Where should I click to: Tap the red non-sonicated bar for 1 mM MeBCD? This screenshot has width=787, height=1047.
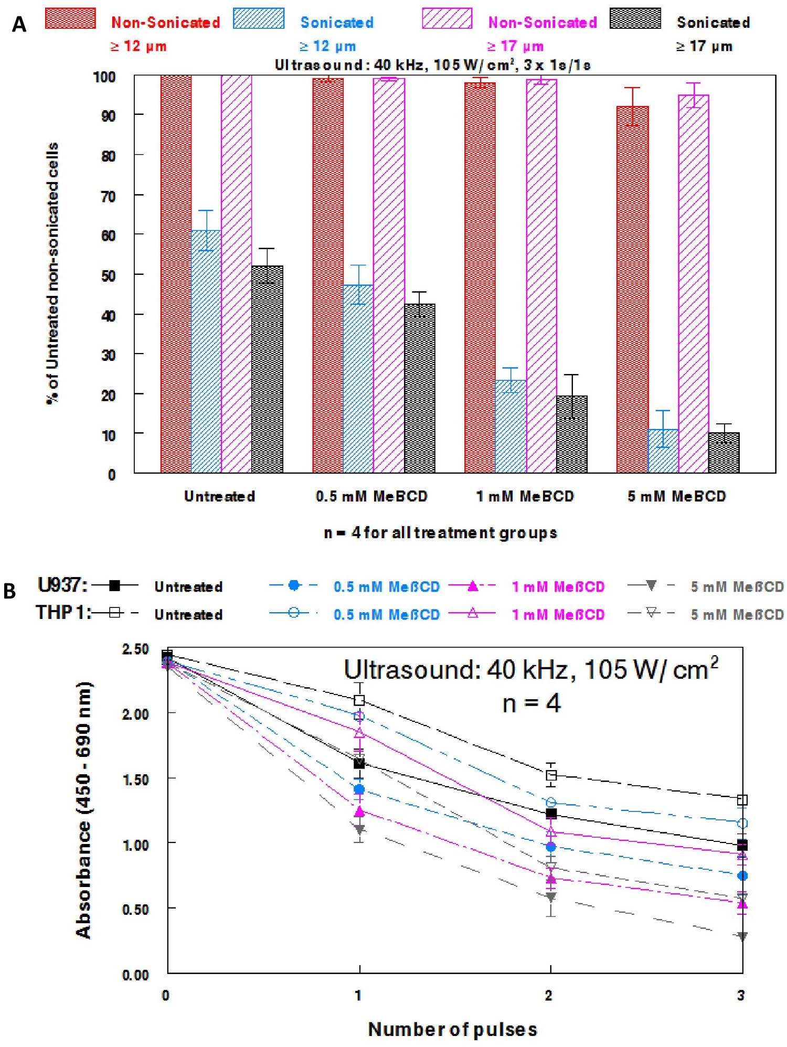(480, 278)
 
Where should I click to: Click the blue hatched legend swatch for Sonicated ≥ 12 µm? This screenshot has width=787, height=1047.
(259, 19)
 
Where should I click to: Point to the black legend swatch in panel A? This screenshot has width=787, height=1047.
(635, 19)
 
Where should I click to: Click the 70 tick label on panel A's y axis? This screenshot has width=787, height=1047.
(108, 196)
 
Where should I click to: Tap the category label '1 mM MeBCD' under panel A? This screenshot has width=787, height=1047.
(525, 496)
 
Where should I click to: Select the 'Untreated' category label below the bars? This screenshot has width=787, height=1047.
(219, 496)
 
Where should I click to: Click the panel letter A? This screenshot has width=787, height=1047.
(19, 24)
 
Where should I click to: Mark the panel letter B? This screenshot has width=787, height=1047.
(9, 591)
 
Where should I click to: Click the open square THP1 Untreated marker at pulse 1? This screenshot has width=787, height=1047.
(359, 700)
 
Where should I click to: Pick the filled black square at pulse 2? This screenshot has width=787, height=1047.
(551, 814)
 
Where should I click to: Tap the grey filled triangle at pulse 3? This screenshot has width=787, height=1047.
(742, 936)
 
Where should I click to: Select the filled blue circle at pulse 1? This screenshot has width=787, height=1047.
(359, 789)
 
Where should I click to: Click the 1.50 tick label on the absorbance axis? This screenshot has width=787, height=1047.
(135, 779)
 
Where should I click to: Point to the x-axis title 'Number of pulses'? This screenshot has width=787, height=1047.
(453, 1029)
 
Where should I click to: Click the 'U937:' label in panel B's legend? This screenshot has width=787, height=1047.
(62, 585)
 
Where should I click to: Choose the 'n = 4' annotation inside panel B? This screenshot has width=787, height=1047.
(531, 703)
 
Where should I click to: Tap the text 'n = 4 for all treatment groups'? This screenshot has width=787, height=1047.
(440, 533)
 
